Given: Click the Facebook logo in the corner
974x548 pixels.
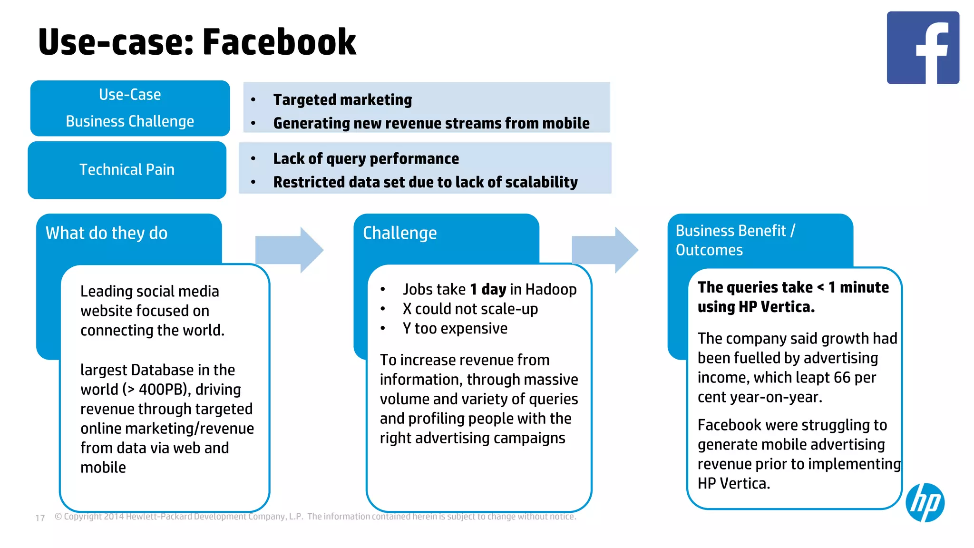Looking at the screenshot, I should click(x=923, y=48).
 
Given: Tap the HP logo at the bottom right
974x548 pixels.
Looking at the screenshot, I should click(x=925, y=502).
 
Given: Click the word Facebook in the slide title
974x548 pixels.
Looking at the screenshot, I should click(x=279, y=42).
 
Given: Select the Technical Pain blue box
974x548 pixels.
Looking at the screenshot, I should click(x=127, y=170).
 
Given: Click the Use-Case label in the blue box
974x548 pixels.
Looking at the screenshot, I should click(x=130, y=95).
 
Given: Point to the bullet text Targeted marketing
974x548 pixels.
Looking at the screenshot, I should click(x=342, y=100).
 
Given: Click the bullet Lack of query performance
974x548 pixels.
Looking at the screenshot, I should click(x=366, y=159).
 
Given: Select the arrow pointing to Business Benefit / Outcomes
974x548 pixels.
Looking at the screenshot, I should click(x=604, y=250).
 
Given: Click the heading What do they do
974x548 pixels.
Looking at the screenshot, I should click(x=107, y=233).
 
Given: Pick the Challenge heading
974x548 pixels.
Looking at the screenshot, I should click(x=399, y=233).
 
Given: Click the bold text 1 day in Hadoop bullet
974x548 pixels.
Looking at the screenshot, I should click(x=488, y=289).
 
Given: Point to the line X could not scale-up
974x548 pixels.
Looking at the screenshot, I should click(x=470, y=309).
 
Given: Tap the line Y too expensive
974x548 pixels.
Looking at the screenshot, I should click(x=455, y=329).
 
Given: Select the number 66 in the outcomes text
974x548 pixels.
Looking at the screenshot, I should click(x=841, y=378).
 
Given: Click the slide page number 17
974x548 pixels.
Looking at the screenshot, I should click(x=40, y=518).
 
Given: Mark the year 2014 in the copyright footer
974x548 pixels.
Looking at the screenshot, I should click(x=114, y=517).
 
